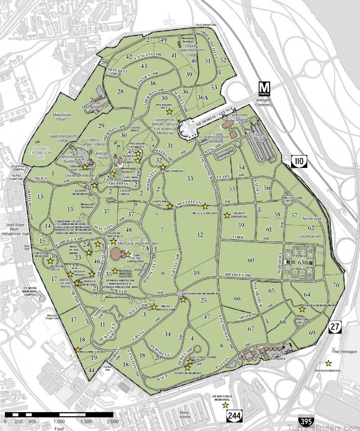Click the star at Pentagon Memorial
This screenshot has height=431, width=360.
click(x=328, y=363)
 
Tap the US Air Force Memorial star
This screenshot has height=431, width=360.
click(x=225, y=405)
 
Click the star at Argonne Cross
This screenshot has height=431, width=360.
click(x=78, y=349)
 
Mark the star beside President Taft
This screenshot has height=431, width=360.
click(x=169, y=111)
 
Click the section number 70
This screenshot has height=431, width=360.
click(x=335, y=285)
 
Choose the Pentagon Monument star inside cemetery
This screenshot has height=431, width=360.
click(x=302, y=309)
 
